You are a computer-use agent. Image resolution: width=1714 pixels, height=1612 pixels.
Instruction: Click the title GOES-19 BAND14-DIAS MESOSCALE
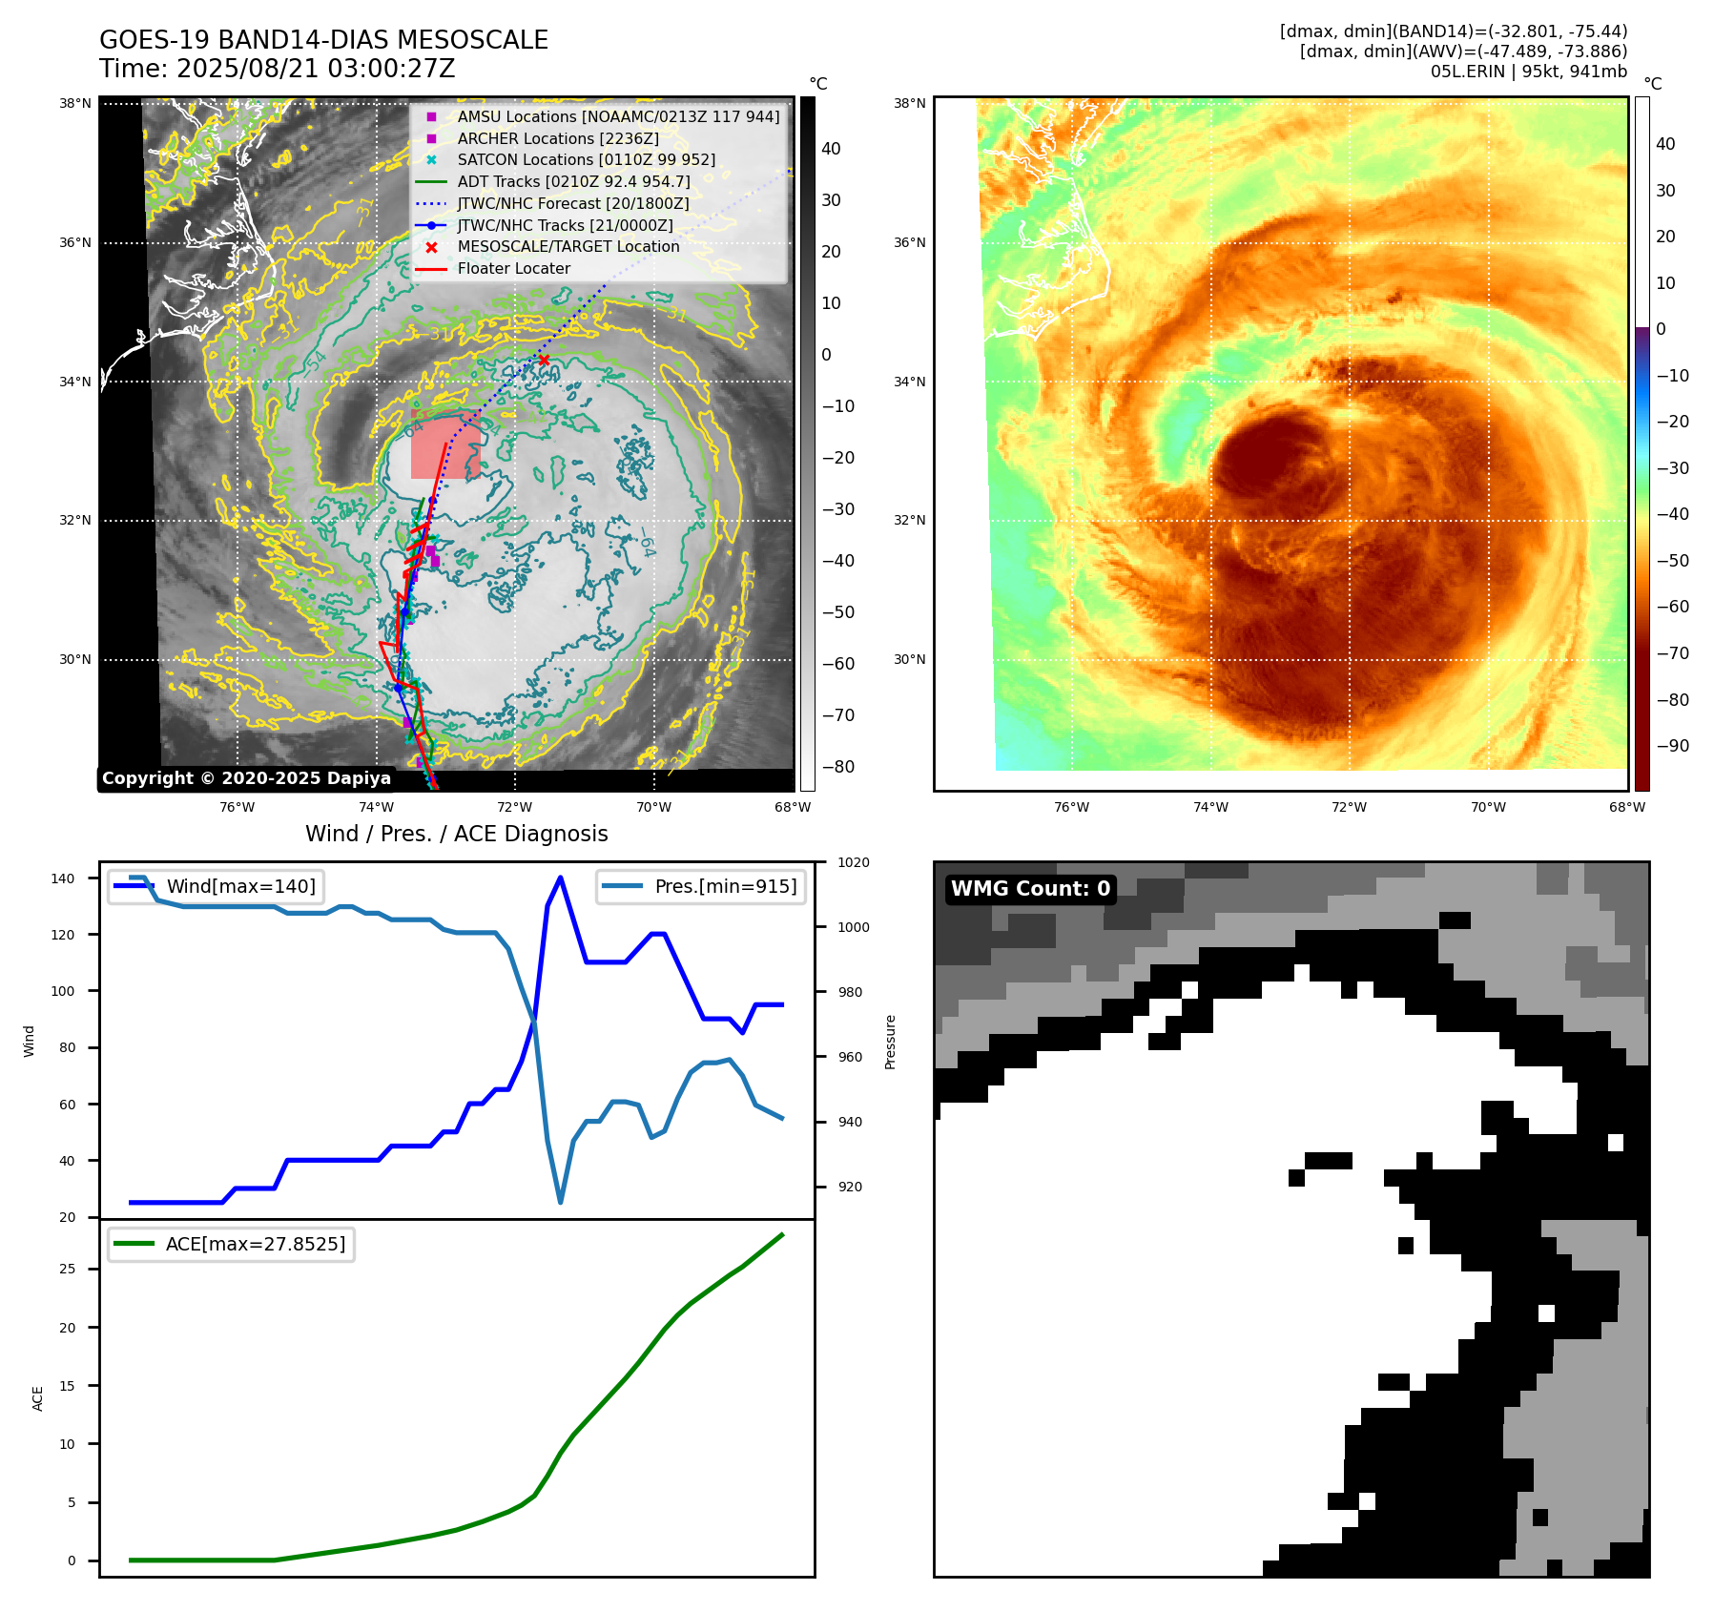(323, 40)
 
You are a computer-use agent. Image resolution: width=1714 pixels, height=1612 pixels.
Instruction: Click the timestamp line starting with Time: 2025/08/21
(277, 69)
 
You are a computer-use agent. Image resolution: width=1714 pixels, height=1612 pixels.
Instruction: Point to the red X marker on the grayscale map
(544, 360)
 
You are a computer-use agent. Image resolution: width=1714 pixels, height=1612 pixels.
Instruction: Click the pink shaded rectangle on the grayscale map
(445, 447)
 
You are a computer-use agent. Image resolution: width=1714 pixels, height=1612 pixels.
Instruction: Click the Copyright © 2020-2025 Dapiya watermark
(246, 778)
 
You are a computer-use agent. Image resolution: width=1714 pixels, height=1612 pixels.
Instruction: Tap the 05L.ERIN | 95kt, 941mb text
(1528, 72)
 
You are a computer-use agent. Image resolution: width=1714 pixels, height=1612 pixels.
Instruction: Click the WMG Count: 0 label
(1030, 889)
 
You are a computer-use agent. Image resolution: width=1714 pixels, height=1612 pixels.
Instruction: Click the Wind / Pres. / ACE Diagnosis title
(456, 834)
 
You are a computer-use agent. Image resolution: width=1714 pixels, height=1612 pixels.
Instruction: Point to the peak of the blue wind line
(560, 878)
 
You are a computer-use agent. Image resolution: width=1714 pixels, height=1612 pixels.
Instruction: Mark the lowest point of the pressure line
(560, 1202)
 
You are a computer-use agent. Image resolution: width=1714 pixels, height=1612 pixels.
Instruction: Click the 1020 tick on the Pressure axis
(853, 862)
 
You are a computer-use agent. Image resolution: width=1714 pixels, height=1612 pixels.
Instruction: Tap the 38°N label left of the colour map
(909, 103)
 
